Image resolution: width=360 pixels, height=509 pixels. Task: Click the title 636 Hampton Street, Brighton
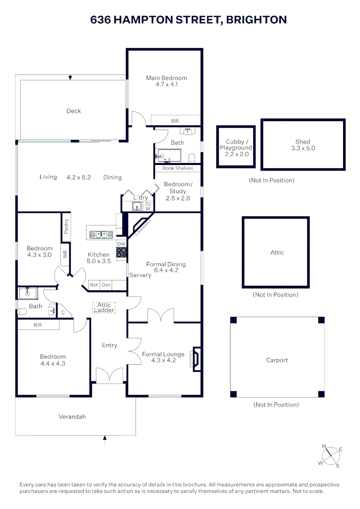[x=188, y=20]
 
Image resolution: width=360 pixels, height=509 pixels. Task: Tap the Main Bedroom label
[x=166, y=78]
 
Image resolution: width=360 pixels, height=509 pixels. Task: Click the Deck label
[x=74, y=111]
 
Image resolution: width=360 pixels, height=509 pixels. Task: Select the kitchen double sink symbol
[x=101, y=234]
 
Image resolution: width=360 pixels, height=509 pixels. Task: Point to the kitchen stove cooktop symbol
[x=122, y=253]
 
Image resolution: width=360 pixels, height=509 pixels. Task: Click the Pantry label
[x=66, y=227]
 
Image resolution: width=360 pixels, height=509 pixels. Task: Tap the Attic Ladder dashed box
[x=104, y=308]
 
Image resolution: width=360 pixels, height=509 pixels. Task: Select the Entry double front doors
[x=109, y=375]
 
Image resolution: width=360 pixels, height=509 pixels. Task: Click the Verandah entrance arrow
[x=105, y=439]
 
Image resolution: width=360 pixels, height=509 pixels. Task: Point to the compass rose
[x=330, y=456]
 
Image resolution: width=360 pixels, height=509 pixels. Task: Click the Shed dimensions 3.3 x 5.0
[x=303, y=148]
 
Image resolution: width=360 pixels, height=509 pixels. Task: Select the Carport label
[x=277, y=360]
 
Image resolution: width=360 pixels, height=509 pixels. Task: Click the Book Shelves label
[x=178, y=168]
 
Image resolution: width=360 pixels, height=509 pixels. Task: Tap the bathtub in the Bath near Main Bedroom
[x=169, y=155]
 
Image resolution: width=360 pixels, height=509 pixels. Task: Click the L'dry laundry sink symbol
[x=137, y=206]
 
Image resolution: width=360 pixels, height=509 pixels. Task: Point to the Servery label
[x=140, y=275]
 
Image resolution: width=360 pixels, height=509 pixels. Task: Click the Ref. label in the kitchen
[x=95, y=285]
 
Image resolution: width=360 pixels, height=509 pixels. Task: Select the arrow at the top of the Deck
[x=70, y=77]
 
